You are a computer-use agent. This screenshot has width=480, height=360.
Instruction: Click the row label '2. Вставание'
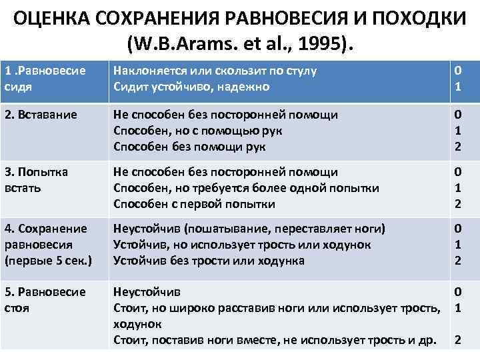click(x=39, y=115)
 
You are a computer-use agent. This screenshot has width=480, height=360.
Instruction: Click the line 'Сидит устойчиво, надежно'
click(x=192, y=86)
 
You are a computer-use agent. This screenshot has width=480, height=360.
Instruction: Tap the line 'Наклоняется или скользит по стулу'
click(x=214, y=71)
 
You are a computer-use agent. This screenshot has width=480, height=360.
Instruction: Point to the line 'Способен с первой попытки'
click(x=194, y=203)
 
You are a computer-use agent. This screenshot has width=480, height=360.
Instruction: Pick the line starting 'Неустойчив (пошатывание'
click(x=249, y=229)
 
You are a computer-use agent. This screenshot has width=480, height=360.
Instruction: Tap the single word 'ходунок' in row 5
click(x=138, y=323)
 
